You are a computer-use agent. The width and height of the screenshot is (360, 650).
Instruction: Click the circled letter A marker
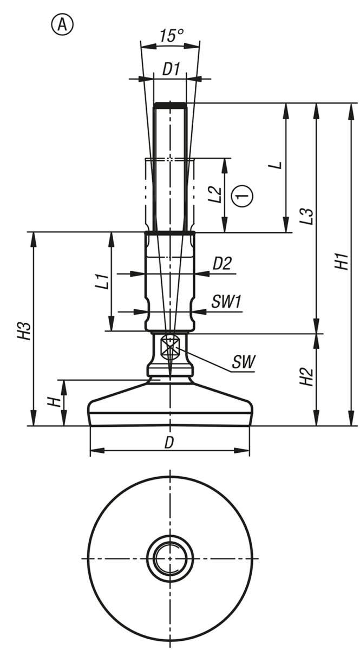pos(62,25)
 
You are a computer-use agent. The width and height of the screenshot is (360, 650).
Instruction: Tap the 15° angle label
pos(172,36)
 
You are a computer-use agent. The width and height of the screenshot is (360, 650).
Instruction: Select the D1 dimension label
pos(171,69)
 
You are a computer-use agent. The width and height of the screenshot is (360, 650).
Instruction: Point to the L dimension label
pos(278,165)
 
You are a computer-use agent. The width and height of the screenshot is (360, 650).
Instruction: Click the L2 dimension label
pos(215,194)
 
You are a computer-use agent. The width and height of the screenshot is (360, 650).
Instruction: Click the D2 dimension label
pos(222,263)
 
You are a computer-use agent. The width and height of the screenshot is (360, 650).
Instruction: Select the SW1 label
pos(226,302)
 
